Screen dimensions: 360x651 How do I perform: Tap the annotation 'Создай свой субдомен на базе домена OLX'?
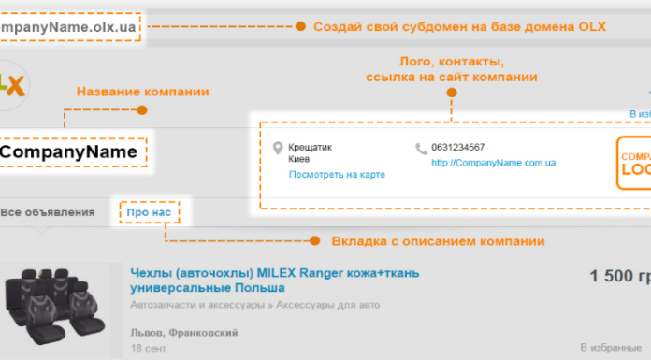pos(458,27)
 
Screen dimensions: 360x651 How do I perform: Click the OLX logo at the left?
pos(13,82)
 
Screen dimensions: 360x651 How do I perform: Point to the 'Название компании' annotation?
pos(142,92)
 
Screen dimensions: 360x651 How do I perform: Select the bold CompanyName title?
pos(70,151)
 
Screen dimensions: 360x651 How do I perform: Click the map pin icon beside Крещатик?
pos(277,149)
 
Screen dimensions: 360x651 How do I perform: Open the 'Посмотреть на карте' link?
pos(336,175)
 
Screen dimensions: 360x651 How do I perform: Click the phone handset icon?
pos(421,148)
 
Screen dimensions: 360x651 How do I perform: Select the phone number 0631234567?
pos(458,148)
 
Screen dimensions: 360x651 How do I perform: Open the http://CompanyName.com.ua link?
pos(493,162)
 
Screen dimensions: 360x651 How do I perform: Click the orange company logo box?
pos(633,164)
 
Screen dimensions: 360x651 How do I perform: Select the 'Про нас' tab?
pos(149,213)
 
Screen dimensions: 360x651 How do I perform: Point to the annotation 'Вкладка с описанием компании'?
pos(438,242)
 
